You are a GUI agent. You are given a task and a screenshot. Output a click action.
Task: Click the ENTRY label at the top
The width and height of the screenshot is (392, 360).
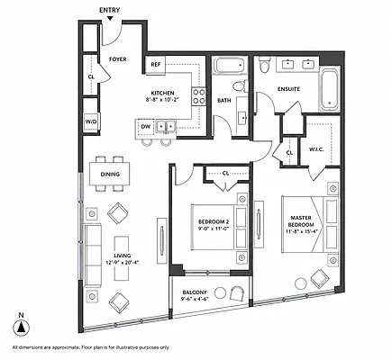point(110,10)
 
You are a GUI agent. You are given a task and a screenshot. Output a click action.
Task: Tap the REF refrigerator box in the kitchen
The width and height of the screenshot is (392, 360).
point(156,65)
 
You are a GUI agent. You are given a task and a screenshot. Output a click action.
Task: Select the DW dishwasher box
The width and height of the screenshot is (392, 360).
point(146,127)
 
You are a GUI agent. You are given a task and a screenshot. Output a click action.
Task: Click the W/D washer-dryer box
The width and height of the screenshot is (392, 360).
point(91,121)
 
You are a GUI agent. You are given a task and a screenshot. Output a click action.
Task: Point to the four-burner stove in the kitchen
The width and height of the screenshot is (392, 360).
point(198,96)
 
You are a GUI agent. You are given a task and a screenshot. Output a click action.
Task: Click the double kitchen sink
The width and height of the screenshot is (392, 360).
point(166,126)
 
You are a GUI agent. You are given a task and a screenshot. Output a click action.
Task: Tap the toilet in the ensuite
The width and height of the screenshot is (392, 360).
point(265,65)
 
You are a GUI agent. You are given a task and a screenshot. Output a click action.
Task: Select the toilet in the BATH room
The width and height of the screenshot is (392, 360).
point(241,85)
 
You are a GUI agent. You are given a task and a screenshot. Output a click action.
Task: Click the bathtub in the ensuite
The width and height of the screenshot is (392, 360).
point(330,89)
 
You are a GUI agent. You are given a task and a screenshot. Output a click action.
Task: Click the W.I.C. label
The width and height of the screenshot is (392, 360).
point(316,149)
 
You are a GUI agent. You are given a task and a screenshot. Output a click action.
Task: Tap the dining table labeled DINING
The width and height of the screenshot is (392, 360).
point(110,174)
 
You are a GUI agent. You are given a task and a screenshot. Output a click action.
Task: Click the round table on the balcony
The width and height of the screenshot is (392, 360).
point(221,292)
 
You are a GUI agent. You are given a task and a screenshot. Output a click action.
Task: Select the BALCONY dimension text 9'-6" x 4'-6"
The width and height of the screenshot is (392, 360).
point(195,299)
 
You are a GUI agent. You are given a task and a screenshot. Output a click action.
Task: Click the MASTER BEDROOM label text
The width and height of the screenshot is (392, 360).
point(301,221)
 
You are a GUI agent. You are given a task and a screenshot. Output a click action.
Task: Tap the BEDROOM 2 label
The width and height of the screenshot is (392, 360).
point(214,222)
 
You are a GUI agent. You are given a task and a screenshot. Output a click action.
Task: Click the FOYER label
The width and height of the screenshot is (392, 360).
point(118,59)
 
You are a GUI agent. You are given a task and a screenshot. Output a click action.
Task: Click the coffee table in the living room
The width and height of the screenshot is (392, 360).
point(122,258)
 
